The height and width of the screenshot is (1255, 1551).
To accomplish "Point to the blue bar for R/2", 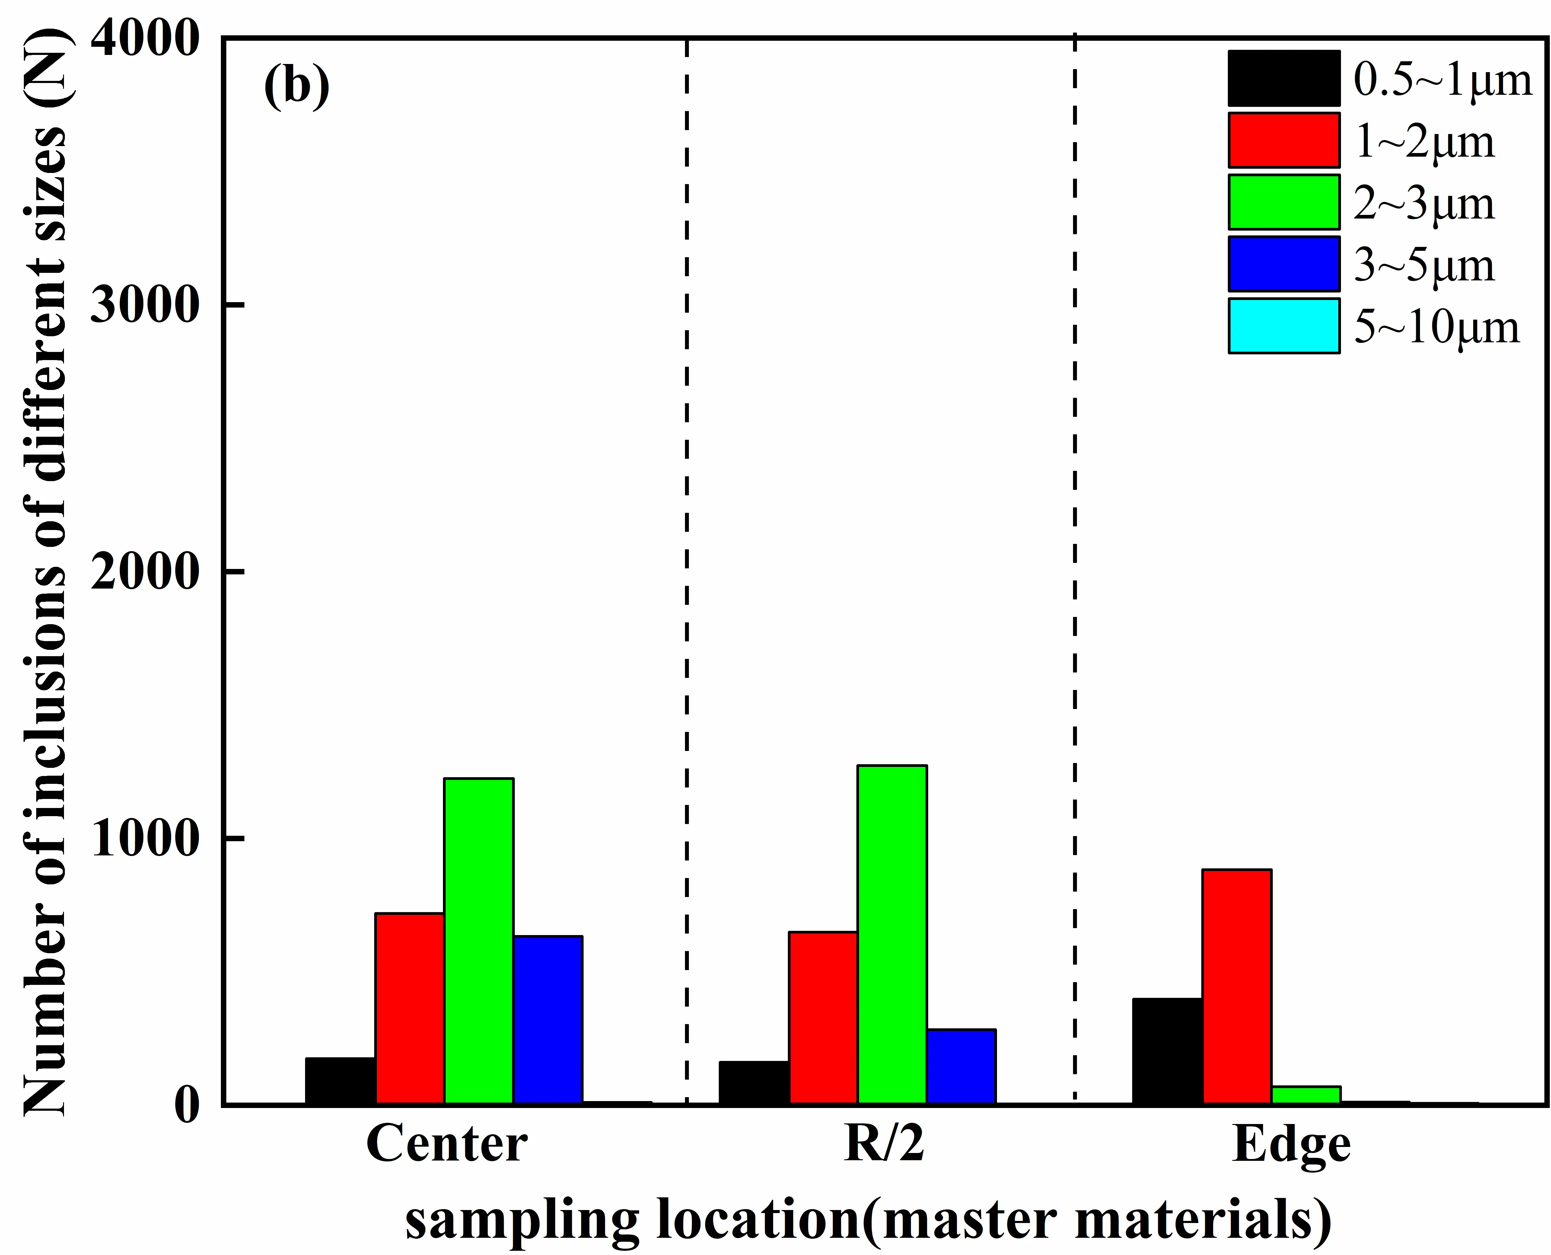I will tap(961, 1066).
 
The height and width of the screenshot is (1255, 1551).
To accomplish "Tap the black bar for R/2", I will tap(754, 1082).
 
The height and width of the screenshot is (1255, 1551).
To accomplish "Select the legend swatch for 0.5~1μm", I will tap(1284, 78).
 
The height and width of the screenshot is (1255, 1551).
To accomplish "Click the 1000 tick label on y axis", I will tap(145, 838).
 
